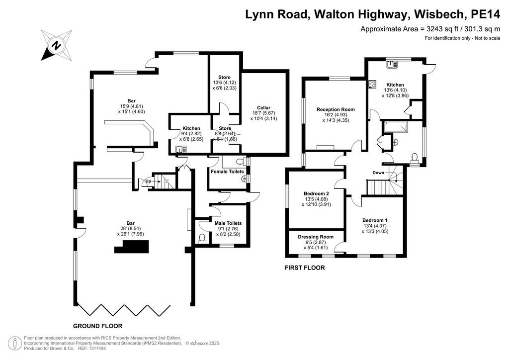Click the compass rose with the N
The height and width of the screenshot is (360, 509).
coord(57,45)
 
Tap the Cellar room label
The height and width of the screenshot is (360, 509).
coord(263,108)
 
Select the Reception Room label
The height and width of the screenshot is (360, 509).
coord(336,109)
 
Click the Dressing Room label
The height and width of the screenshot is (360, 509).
coord(316,237)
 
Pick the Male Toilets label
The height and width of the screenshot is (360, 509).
coord(228,223)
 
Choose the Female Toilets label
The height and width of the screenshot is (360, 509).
coord(227,172)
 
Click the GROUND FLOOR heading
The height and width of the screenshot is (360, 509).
coord(98,326)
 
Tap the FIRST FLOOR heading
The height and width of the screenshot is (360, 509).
coord(305,268)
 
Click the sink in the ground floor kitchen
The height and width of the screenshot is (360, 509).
coord(181,149)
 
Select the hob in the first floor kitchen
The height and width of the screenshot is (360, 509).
coord(372,85)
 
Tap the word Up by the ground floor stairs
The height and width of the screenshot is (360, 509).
coord(148,181)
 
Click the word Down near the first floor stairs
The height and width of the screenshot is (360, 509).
coord(378,173)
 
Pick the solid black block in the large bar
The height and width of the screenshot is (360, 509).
coord(131,247)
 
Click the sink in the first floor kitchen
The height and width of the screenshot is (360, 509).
coord(392,64)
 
